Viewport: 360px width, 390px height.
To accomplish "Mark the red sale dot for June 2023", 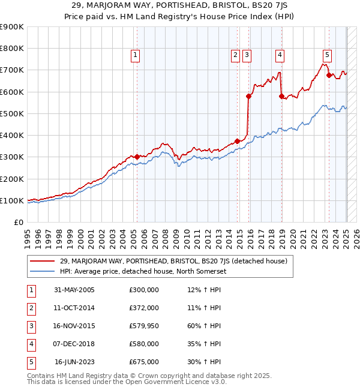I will click(x=329, y=75).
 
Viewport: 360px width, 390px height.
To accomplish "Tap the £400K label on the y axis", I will click(x=12, y=135).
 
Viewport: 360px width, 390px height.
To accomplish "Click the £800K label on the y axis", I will click(x=12, y=48).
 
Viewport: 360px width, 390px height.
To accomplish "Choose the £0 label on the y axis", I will click(x=18, y=222).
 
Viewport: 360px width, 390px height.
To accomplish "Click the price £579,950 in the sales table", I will click(x=144, y=326).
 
